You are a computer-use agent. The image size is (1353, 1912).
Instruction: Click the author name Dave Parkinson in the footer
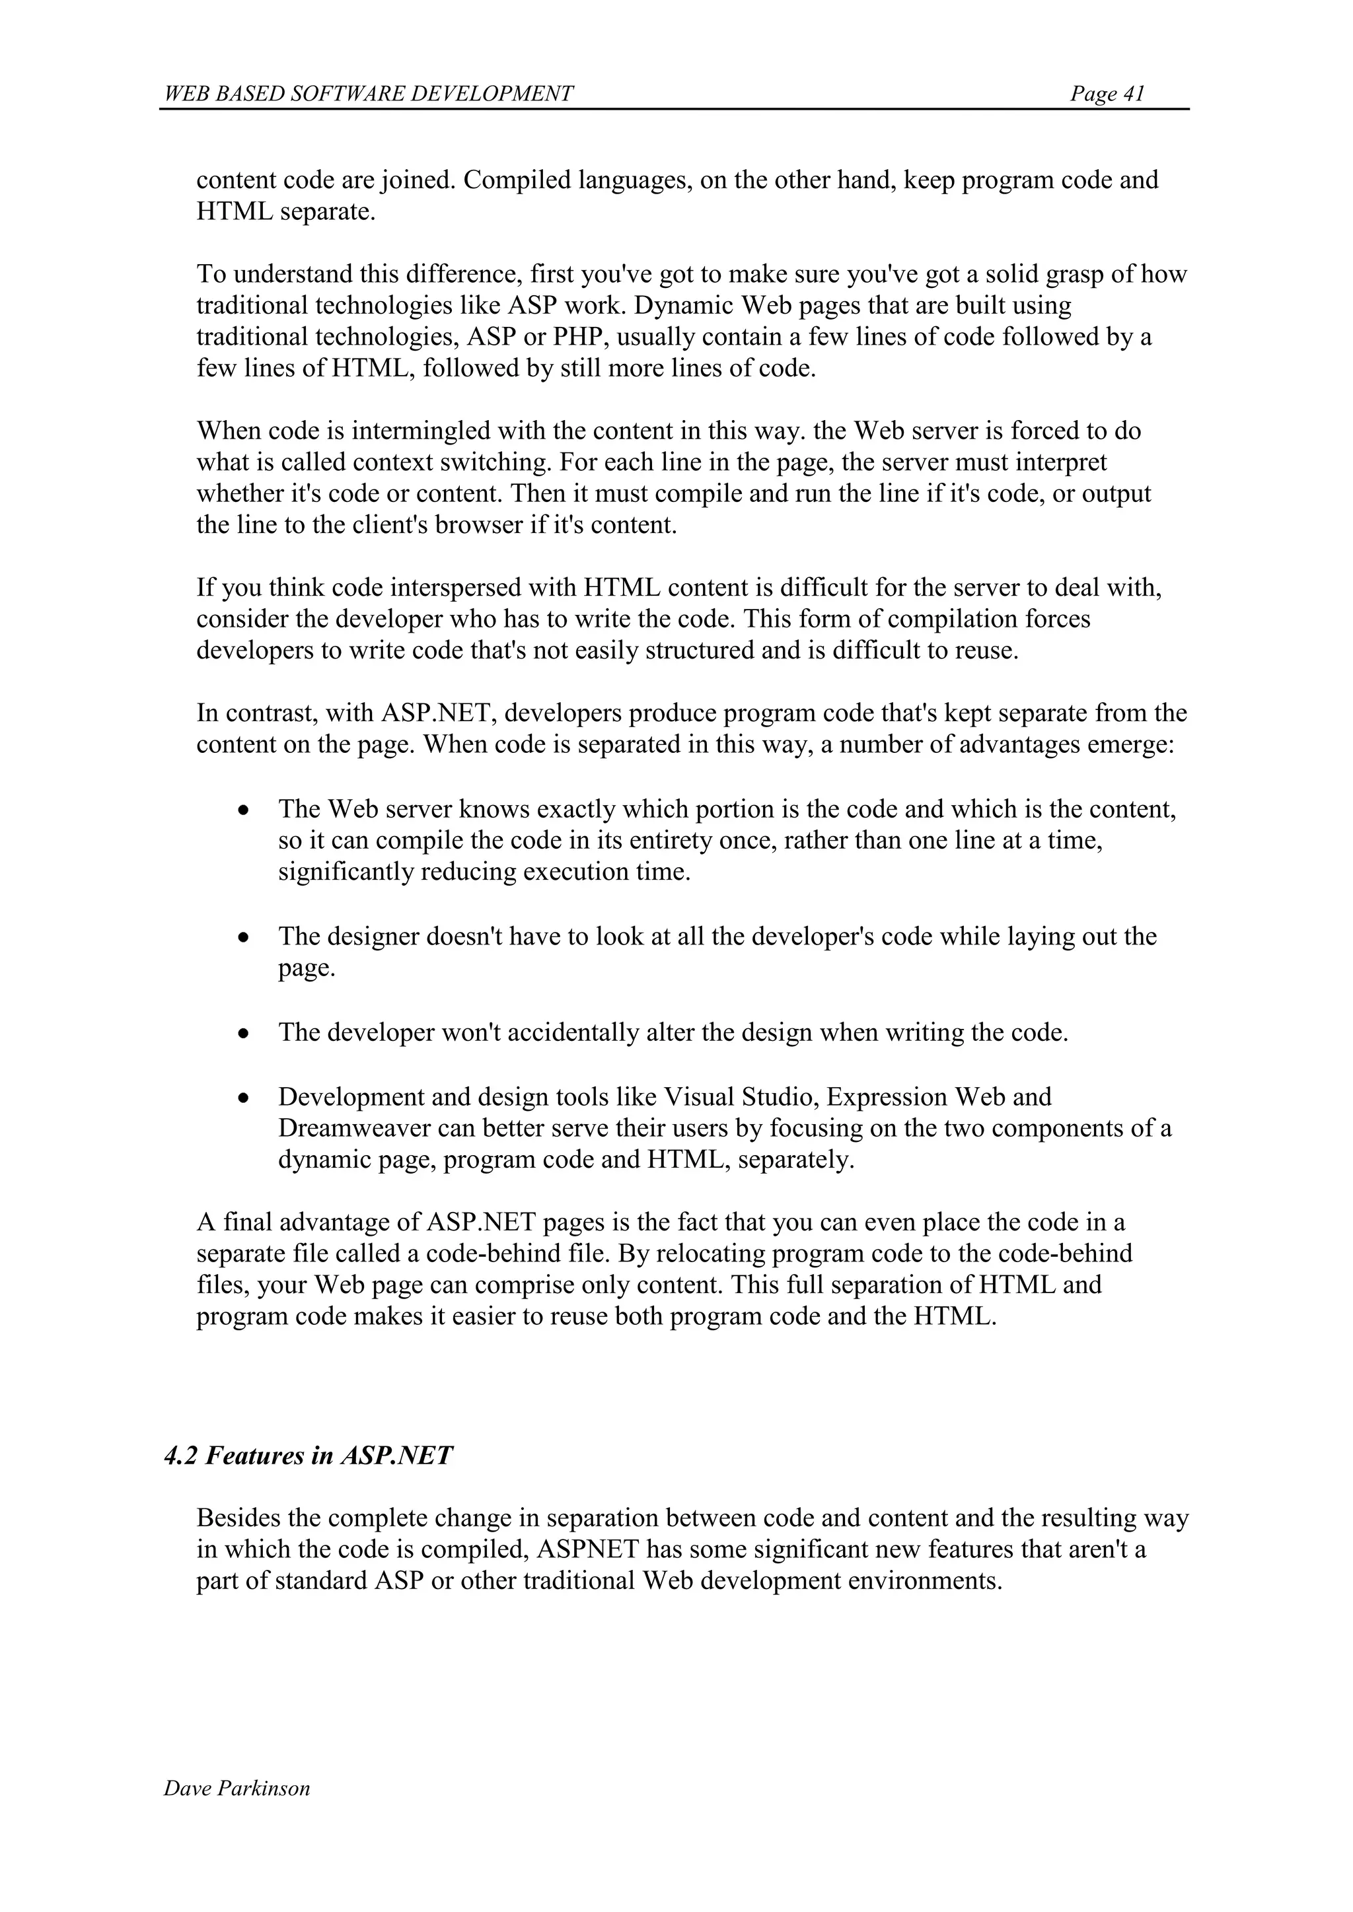pyautogui.click(x=237, y=1788)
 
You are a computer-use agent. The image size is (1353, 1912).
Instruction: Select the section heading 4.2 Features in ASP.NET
pyautogui.click(x=309, y=1456)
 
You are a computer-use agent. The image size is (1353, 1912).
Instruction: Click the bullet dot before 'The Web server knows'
pyautogui.click(x=243, y=810)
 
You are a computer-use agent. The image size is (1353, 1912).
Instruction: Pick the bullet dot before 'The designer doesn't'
pyautogui.click(x=243, y=938)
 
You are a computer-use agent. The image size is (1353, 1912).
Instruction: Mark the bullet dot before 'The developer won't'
pyautogui.click(x=243, y=1034)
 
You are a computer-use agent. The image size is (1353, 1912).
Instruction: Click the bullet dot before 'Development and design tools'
pyautogui.click(x=243, y=1098)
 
